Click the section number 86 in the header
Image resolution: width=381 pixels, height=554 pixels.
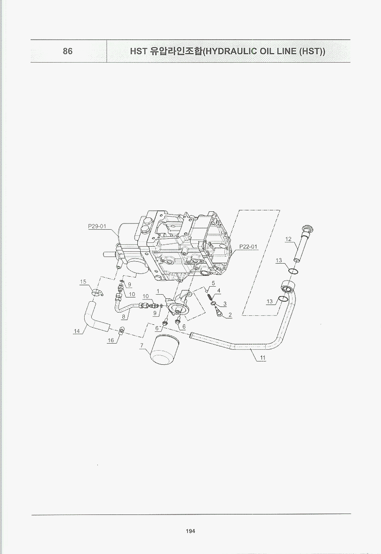tap(67, 51)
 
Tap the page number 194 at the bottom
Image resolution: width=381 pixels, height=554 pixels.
tap(190, 531)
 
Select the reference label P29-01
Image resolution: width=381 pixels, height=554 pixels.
tap(97, 226)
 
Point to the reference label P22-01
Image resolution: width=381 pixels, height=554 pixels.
tap(248, 246)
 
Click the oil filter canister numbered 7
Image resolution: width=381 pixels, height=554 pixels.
tap(164, 350)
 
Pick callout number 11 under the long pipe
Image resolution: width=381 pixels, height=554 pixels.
tap(263, 358)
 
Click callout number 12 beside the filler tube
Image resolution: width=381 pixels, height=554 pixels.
tap(288, 239)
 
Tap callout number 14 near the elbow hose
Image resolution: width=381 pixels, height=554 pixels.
tap(77, 331)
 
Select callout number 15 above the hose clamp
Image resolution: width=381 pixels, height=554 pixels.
tap(83, 281)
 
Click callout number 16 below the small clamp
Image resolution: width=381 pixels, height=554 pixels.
tap(111, 340)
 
